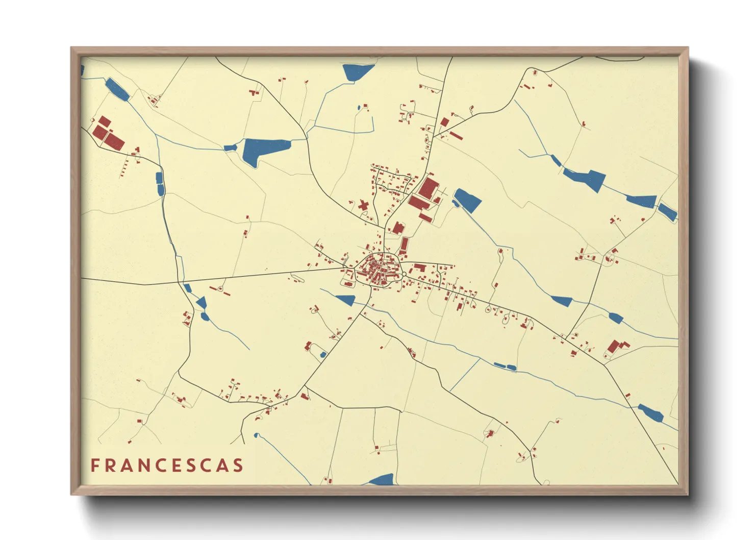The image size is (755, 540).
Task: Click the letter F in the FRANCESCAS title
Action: [95, 465]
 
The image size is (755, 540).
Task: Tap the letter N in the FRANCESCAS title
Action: [136, 465]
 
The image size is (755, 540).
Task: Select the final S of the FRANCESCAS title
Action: [238, 465]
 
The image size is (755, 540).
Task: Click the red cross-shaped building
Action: [363, 206]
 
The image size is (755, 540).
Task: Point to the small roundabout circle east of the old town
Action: [404, 275]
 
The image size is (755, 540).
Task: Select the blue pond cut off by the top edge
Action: [357, 71]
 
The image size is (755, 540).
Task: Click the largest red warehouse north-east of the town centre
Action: [429, 188]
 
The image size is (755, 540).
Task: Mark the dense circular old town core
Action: [377, 268]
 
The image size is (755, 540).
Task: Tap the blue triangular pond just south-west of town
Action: [346, 300]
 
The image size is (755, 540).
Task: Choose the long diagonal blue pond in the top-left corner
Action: [117, 89]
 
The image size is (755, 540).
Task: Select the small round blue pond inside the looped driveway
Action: [322, 354]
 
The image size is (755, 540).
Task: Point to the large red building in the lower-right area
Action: [614, 348]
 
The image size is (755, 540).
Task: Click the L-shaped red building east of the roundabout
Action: [419, 267]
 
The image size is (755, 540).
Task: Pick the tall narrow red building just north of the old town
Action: [405, 245]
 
